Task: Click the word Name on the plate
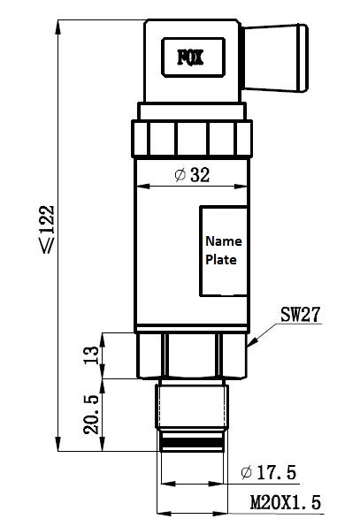[x=224, y=241]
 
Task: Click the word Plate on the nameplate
[x=221, y=260]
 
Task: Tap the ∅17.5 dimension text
[x=268, y=472]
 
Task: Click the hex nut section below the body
[x=192, y=355]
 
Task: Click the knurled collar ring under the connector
[x=192, y=138]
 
